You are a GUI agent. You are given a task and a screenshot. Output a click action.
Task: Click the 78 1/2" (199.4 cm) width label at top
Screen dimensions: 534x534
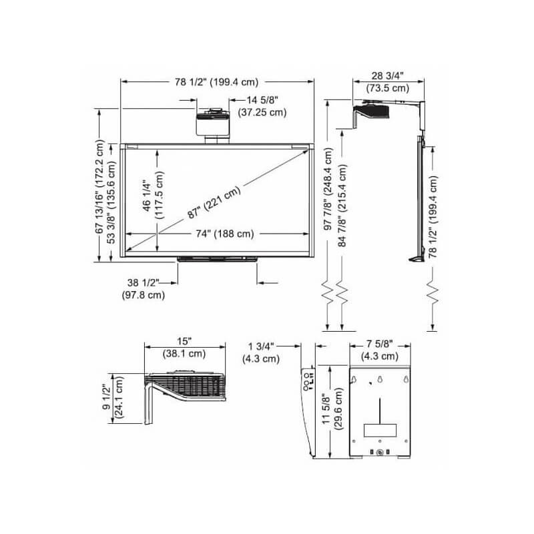216,82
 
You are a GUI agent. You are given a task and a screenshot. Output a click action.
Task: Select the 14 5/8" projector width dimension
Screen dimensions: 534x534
262,106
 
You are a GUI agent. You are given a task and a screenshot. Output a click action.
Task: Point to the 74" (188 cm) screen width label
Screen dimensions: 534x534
225,234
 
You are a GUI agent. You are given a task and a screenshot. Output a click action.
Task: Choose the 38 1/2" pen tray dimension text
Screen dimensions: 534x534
144,289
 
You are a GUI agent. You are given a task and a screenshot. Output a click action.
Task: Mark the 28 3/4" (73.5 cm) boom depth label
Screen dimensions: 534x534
388,82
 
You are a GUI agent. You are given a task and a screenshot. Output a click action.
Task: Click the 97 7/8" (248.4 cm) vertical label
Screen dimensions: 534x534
328,189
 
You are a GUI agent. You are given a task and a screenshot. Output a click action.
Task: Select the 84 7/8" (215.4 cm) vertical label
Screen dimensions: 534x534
342,206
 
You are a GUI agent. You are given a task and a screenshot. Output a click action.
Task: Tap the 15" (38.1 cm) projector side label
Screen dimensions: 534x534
184,348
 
